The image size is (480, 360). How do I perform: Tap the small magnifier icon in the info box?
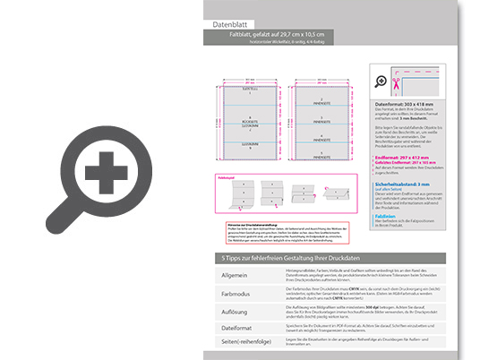coord(382,81)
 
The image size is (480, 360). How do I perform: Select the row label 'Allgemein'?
coord(236,274)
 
